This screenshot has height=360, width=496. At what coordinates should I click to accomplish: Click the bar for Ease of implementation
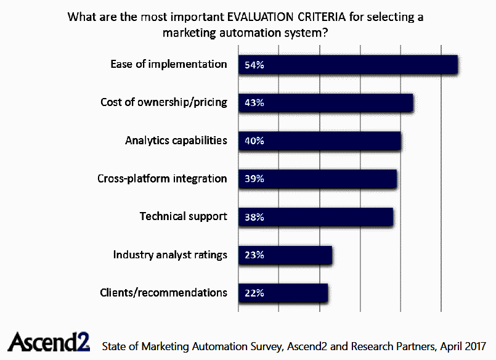click(x=348, y=65)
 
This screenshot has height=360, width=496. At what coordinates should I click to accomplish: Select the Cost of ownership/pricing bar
click(x=325, y=103)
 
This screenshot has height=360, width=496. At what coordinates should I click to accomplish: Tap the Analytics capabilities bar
click(x=319, y=141)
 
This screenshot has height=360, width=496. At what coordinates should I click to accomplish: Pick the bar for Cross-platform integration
click(x=317, y=179)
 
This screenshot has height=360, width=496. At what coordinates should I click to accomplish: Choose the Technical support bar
click(x=315, y=217)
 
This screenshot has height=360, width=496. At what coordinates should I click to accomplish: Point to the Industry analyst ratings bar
click(x=285, y=255)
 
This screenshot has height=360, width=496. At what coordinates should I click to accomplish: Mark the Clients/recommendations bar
click(x=283, y=293)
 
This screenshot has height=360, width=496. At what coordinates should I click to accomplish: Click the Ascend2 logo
click(x=49, y=342)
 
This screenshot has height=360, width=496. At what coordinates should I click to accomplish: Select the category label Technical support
click(x=184, y=216)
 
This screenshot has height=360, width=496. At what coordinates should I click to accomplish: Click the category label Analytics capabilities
click(x=176, y=140)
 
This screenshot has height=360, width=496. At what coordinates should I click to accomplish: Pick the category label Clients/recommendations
click(x=163, y=292)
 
